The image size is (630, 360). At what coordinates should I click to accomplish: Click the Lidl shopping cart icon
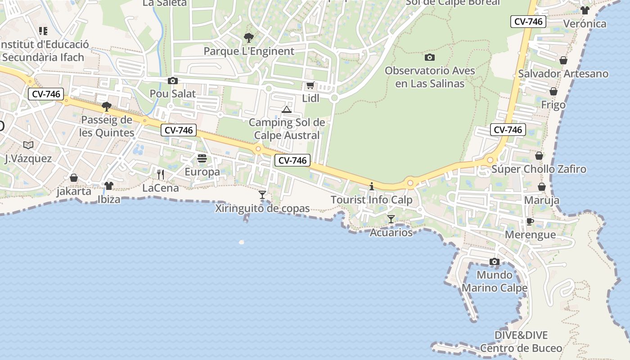coord(310,85)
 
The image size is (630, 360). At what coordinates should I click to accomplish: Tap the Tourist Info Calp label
coord(371,200)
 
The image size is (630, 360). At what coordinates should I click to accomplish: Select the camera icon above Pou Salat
coord(172,81)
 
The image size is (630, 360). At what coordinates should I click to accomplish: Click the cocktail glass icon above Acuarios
coord(391,219)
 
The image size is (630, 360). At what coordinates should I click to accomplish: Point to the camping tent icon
coord(287,109)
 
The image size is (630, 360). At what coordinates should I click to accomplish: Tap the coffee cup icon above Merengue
coord(530,221)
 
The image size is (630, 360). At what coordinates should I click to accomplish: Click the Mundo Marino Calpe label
coord(495,281)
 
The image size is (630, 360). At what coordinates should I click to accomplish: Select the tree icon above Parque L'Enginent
coord(248,38)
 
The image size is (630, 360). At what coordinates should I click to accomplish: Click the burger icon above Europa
coord(202,158)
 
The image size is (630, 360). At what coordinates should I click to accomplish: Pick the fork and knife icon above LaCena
coord(161,175)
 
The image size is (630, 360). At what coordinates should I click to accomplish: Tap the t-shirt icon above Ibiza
coord(108,185)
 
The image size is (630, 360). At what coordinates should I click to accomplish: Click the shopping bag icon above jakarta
coord(74,178)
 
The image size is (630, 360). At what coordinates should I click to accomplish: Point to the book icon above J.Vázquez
coord(28,145)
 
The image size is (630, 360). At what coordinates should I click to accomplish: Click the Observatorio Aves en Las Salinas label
coord(430,77)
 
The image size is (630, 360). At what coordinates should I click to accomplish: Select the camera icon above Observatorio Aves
coord(430,57)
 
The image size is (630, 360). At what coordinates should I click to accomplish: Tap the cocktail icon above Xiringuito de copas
coord(262,195)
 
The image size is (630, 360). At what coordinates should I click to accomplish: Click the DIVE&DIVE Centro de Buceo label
coord(521,342)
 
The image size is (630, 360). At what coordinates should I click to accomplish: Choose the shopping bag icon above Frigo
coord(553,91)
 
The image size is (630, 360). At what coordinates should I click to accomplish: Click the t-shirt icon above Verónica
coord(585,10)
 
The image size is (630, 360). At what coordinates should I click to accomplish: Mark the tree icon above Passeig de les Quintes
coord(107,107)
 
